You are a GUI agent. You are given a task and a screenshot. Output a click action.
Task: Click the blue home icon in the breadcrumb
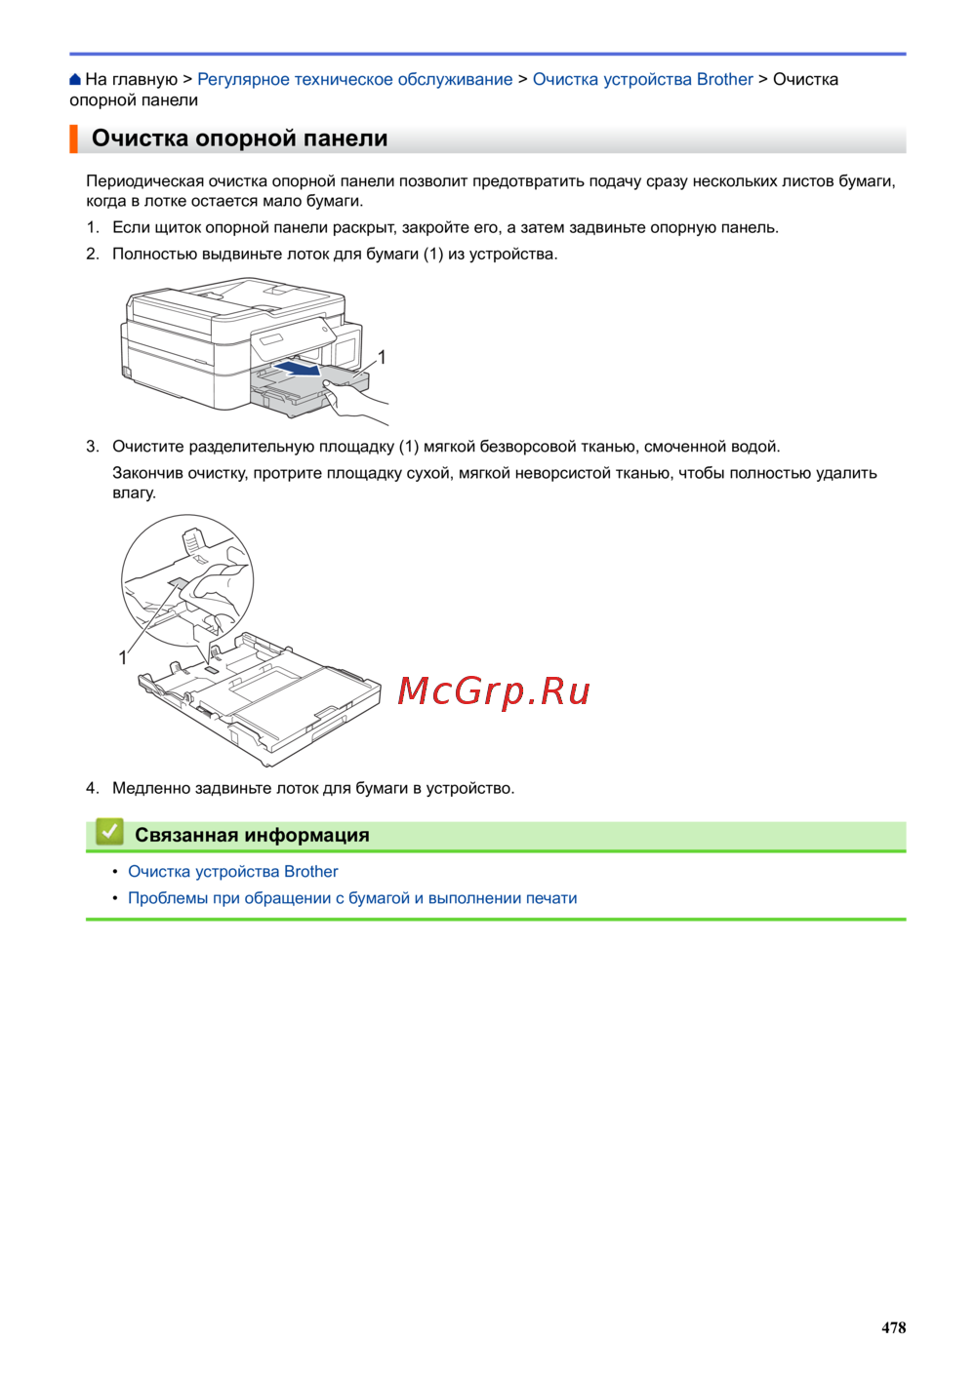pyautogui.click(x=75, y=79)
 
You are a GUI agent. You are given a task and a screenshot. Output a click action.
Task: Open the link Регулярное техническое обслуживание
pyautogui.click(x=354, y=79)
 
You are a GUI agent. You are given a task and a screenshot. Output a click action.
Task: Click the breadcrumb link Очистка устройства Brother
pyautogui.click(x=642, y=79)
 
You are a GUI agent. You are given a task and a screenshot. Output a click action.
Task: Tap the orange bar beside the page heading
pyautogui.click(x=73, y=138)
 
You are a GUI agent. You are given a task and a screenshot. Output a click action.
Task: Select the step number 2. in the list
pyautogui.click(x=93, y=254)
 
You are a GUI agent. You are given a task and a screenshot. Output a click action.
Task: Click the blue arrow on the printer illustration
pyautogui.click(x=298, y=368)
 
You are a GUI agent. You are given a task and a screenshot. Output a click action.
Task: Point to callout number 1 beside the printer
pyautogui.click(x=382, y=357)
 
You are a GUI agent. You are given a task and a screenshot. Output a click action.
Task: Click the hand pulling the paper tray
pyautogui.click(x=351, y=400)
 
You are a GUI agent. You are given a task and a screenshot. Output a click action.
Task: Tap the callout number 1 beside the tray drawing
pyautogui.click(x=123, y=658)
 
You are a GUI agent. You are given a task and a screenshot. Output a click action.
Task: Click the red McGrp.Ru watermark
pyautogui.click(x=494, y=690)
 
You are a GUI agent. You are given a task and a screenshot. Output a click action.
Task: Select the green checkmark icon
pyautogui.click(x=109, y=832)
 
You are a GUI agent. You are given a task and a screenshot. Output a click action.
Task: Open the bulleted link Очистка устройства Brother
pyautogui.click(x=233, y=871)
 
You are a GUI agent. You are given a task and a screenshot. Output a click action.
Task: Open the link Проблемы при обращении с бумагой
pyautogui.click(x=268, y=898)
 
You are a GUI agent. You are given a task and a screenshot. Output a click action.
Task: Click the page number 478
pyautogui.click(x=893, y=1327)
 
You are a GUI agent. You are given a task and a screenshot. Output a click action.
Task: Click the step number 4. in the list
pyautogui.click(x=93, y=788)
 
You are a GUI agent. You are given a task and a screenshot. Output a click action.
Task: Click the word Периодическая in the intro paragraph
pyautogui.click(x=144, y=181)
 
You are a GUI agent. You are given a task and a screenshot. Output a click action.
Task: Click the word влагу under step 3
pyautogui.click(x=134, y=493)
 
